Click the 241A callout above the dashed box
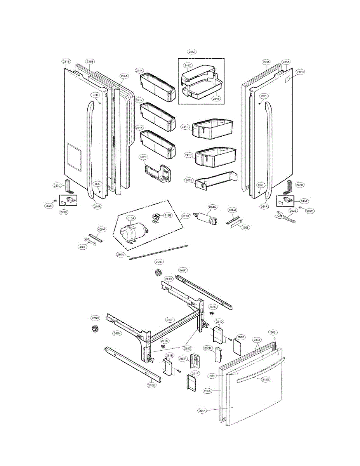tap(192, 52)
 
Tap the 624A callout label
tap(212, 207)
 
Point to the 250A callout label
tap(120, 255)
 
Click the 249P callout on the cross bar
tap(170, 320)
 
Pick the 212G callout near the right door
tap(300, 72)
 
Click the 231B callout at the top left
tap(66, 61)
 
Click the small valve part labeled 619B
tap(157, 219)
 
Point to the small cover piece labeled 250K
tap(219, 354)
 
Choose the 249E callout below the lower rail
tap(151, 385)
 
